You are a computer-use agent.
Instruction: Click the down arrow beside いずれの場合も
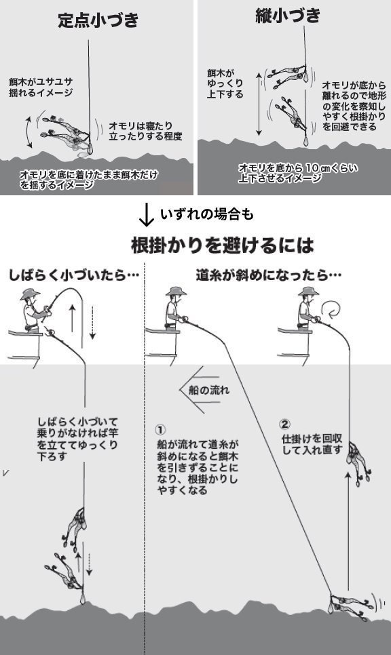pos(145,215)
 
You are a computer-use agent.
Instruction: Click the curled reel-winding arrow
pos(333,311)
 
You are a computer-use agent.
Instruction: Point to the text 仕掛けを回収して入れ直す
pos(311,444)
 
